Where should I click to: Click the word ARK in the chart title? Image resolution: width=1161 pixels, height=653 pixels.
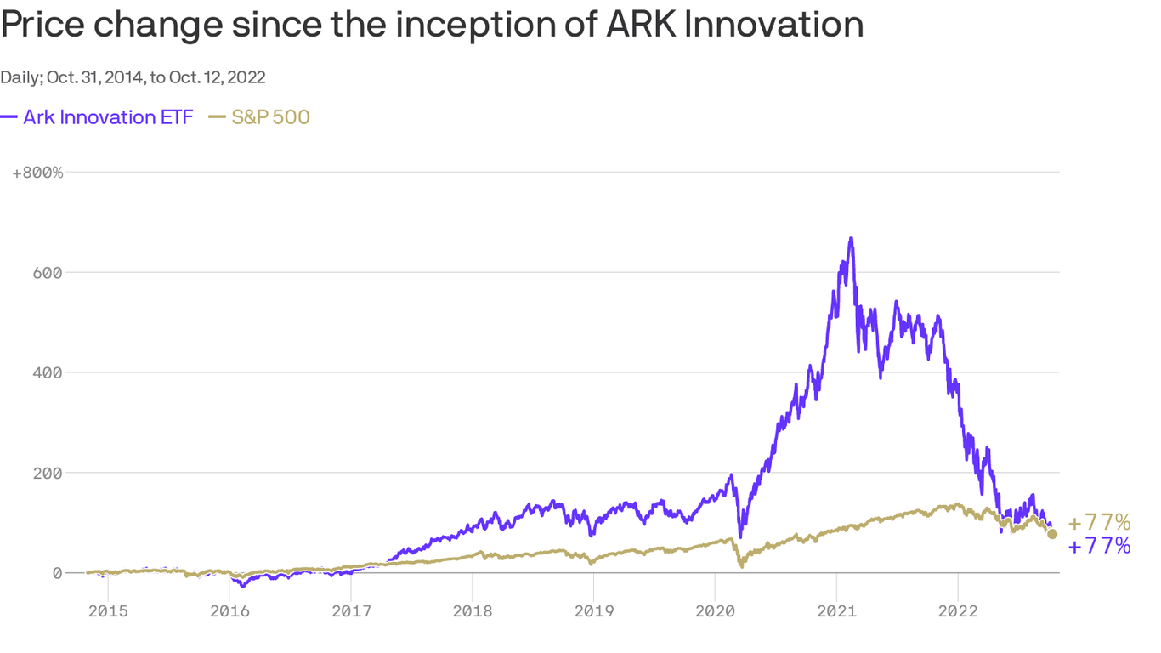tap(642, 26)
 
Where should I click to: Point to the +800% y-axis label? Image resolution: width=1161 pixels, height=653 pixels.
tap(38, 173)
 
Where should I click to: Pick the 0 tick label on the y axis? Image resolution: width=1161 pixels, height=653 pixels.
tap(57, 573)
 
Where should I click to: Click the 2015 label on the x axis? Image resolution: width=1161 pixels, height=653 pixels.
tap(108, 610)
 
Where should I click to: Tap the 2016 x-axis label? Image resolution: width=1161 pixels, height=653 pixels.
tap(229, 610)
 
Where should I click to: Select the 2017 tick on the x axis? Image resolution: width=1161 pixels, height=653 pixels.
tap(351, 610)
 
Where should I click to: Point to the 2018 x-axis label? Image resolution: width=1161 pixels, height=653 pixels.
tap(472, 610)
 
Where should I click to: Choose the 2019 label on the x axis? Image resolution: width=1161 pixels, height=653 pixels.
tap(593, 610)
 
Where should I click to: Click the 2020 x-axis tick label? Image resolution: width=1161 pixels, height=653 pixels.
tap(715, 610)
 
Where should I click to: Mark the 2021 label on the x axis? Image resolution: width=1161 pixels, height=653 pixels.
tap(836, 610)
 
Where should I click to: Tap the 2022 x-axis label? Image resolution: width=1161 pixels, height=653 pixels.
tap(958, 610)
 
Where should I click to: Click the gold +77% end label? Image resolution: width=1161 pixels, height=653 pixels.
tap(1099, 522)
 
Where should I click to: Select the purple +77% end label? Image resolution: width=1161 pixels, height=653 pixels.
tap(1099, 546)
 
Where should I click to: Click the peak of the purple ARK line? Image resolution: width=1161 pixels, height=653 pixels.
tap(851, 239)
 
